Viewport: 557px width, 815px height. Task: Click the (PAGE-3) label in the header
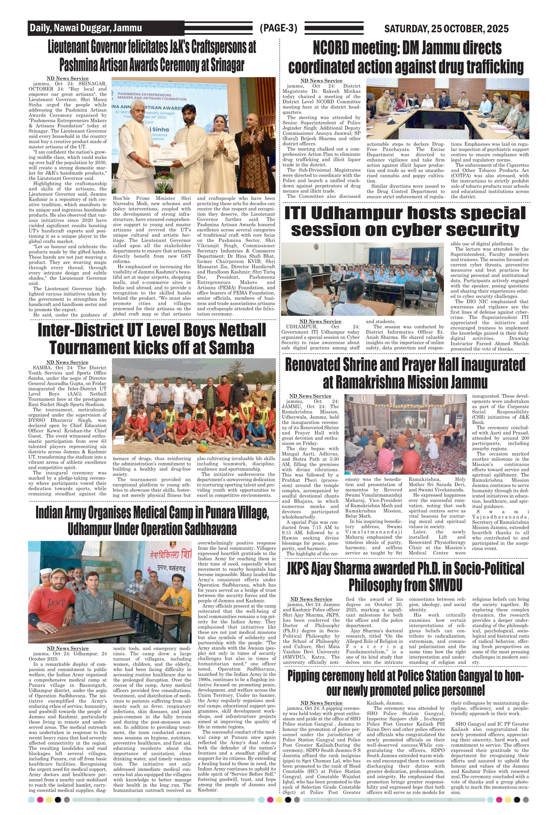click(x=278, y=28)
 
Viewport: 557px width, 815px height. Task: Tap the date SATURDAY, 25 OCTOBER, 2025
click(x=446, y=29)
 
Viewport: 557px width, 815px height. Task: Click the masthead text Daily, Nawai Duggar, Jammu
click(x=86, y=28)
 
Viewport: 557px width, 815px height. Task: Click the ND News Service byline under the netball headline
click(x=67, y=362)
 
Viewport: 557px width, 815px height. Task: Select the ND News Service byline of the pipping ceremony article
click(x=321, y=703)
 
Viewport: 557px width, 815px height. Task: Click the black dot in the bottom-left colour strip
click(x=58, y=799)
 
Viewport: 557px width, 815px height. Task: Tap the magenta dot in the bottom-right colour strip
click(x=499, y=799)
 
